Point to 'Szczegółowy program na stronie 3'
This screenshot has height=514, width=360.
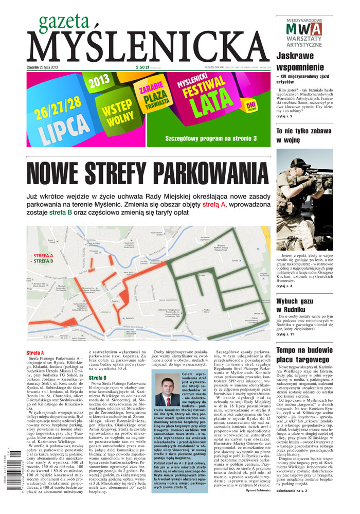click(211, 138)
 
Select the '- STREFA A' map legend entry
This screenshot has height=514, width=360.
click(42, 255)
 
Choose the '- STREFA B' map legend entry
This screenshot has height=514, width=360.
click(42, 261)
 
